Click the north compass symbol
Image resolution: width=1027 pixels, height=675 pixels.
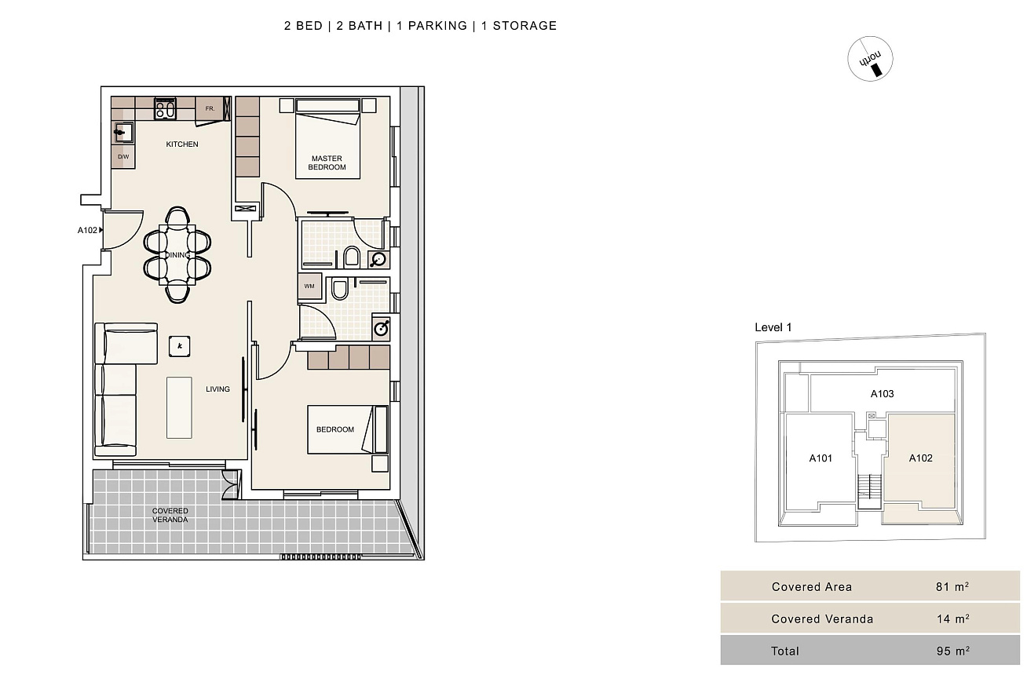[x=870, y=59]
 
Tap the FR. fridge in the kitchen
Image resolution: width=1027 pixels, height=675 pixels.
[x=210, y=108]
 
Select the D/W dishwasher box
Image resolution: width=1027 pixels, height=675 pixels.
[x=123, y=157]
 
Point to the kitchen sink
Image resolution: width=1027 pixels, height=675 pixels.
[x=123, y=133]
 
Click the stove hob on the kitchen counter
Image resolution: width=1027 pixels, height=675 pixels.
[x=165, y=108]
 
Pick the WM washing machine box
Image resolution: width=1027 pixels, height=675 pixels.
[x=309, y=286]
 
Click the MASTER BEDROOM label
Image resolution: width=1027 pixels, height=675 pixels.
[x=327, y=162]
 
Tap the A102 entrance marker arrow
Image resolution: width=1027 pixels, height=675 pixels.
[x=101, y=230]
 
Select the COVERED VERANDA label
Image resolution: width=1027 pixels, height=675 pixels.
[x=170, y=515]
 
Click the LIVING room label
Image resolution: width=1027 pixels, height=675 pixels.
[x=217, y=389]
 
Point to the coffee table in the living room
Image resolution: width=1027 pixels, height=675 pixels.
[x=179, y=408]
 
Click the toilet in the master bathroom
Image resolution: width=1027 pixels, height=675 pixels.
[x=352, y=257]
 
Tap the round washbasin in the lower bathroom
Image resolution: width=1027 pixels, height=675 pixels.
[x=381, y=329]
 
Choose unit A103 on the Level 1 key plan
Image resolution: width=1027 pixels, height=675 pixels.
[x=882, y=394]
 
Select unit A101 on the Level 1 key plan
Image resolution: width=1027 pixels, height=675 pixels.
[x=821, y=458]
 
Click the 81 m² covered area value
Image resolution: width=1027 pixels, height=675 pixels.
[x=952, y=586]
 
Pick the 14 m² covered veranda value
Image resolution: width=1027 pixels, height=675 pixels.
[x=952, y=618]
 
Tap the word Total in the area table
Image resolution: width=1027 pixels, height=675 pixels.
[x=785, y=651]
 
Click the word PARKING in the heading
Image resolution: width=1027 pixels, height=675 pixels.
[x=437, y=26]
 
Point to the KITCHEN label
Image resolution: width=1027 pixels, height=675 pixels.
[x=182, y=144]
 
